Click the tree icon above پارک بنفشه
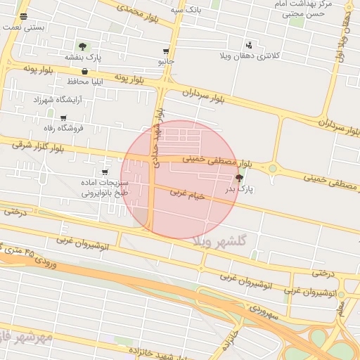click(x=83, y=46)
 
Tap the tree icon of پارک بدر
click(x=240, y=179)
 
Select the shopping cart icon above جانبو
click(x=166, y=51)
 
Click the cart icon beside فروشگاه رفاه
click(x=63, y=118)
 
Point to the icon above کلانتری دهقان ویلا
click(x=249, y=46)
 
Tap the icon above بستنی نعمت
click(x=25, y=16)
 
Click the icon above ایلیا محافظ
click(x=84, y=71)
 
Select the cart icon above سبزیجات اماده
click(x=105, y=172)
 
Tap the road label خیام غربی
click(x=186, y=193)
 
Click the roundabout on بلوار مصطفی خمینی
click(x=271, y=168)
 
